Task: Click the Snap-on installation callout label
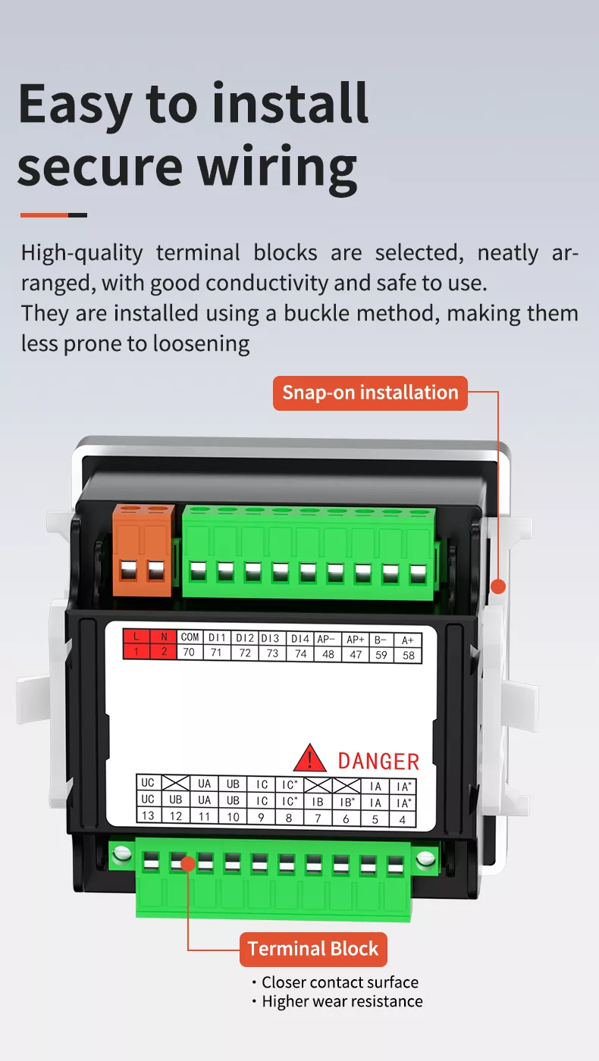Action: click(370, 393)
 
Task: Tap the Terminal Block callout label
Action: click(313, 949)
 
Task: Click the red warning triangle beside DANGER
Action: click(309, 759)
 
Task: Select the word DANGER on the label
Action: click(378, 761)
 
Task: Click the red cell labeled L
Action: click(136, 638)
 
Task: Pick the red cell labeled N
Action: click(163, 638)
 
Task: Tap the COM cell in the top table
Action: click(190, 638)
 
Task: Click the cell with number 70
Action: click(190, 653)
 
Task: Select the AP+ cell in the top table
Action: click(356, 639)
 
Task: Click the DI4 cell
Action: click(300, 638)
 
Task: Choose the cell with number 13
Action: click(148, 815)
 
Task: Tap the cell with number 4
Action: click(402, 818)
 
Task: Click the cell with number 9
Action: click(262, 817)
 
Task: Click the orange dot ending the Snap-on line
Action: click(498, 586)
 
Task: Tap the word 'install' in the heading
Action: click(290, 105)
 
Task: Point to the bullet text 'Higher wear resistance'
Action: click(342, 1001)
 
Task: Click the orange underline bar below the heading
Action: click(45, 215)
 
